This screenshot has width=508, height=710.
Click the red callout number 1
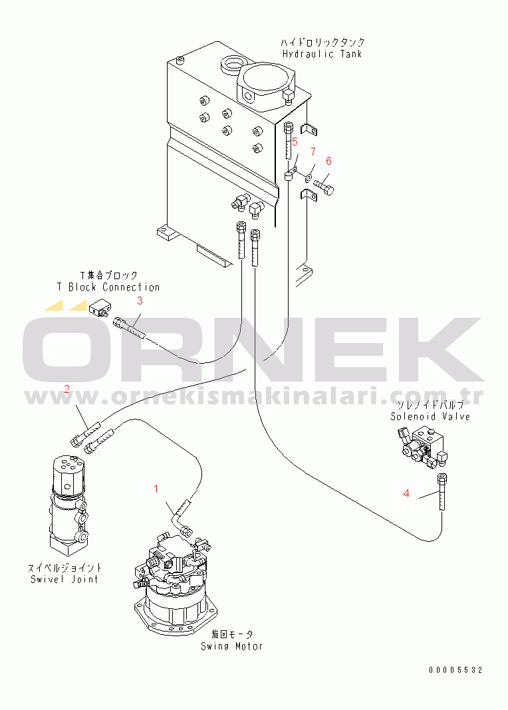[156, 489]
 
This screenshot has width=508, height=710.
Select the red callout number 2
[67, 389]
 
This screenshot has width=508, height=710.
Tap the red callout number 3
[140, 300]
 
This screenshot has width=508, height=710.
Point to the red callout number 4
[406, 493]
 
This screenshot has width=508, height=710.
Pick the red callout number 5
[295, 142]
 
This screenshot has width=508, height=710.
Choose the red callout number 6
[328, 161]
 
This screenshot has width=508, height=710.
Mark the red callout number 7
[313, 151]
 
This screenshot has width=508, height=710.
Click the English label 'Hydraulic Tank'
[322, 54]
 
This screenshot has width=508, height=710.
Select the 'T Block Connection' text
[108, 287]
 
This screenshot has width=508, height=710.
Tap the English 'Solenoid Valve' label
[431, 417]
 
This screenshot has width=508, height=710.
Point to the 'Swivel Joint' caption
[64, 579]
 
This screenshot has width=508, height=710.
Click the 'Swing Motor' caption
[232, 646]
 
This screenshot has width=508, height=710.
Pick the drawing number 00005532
[456, 670]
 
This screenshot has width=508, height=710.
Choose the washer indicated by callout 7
[309, 178]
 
